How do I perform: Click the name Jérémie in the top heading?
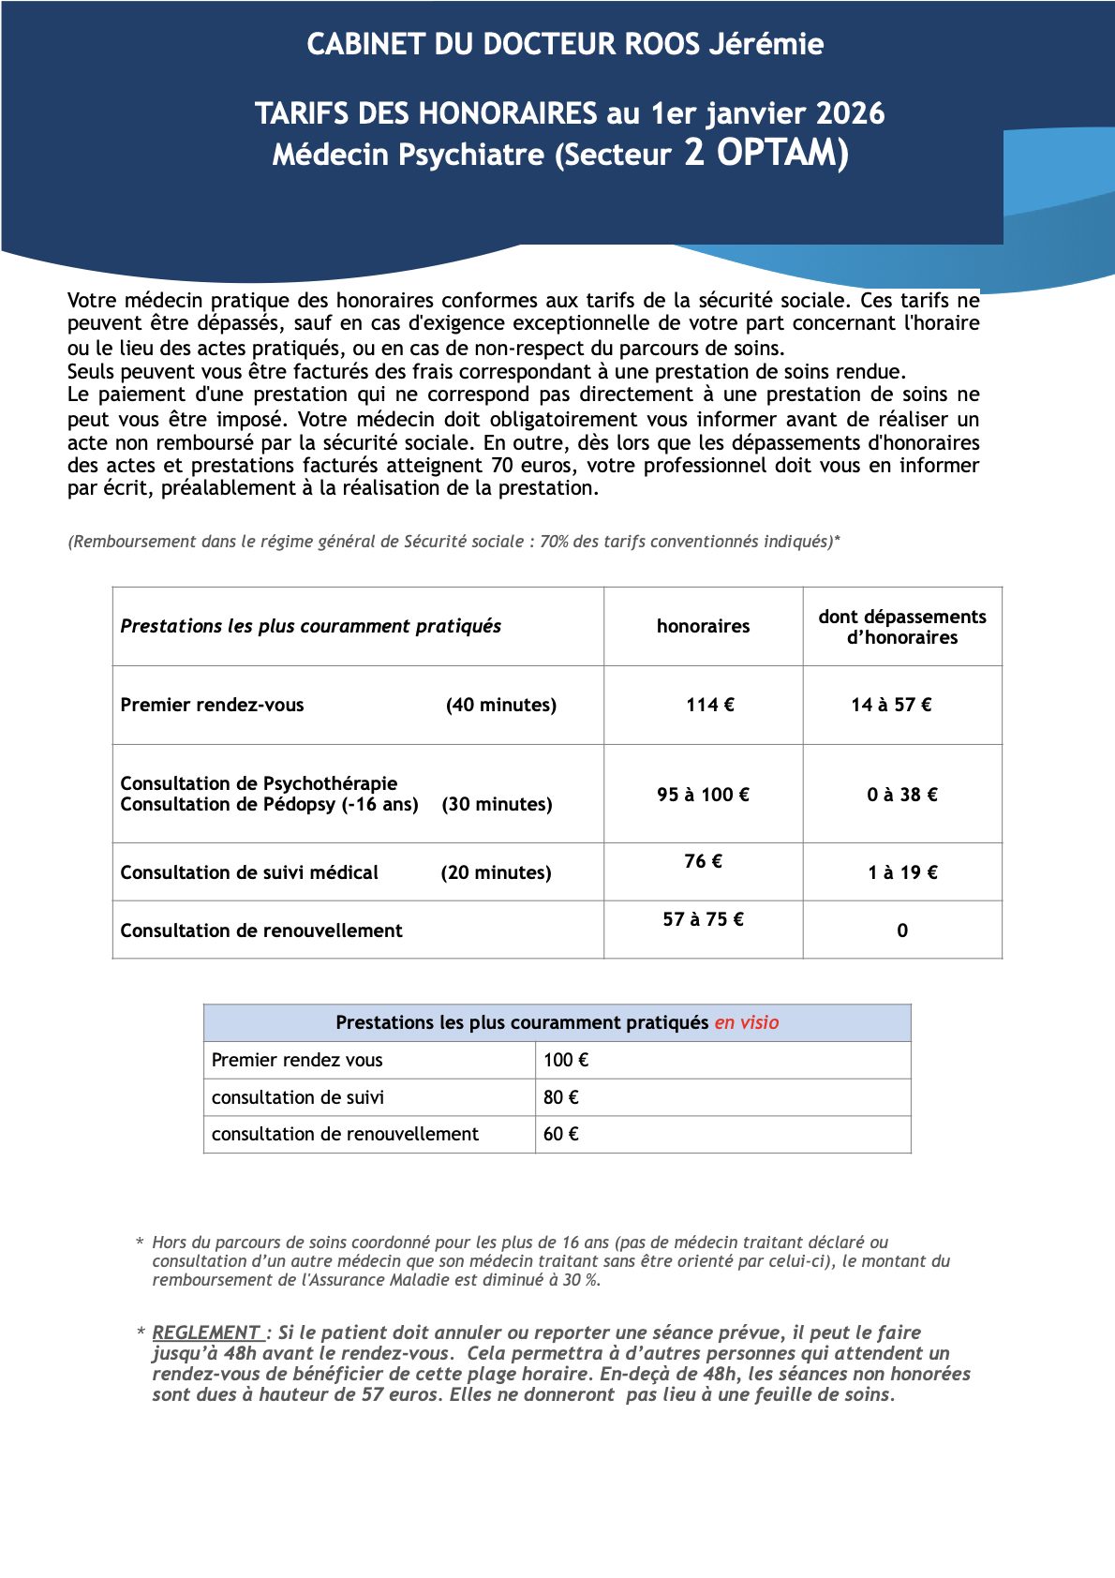(766, 44)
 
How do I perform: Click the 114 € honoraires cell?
(709, 705)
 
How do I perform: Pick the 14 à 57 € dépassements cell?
(891, 705)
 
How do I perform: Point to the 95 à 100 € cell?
(703, 795)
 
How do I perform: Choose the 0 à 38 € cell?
(901, 795)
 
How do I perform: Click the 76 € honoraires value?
(703, 861)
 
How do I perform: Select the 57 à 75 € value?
(703, 919)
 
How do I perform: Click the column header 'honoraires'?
(703, 626)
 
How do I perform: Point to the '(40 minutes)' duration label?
(500, 705)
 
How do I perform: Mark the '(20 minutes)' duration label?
(496, 872)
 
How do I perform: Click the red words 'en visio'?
(746, 1022)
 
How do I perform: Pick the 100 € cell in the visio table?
(566, 1060)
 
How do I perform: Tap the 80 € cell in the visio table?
(560, 1097)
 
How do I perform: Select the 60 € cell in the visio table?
(560, 1134)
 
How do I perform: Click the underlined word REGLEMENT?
(206, 1332)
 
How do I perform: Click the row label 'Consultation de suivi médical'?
(249, 872)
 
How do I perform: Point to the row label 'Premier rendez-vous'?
(212, 705)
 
